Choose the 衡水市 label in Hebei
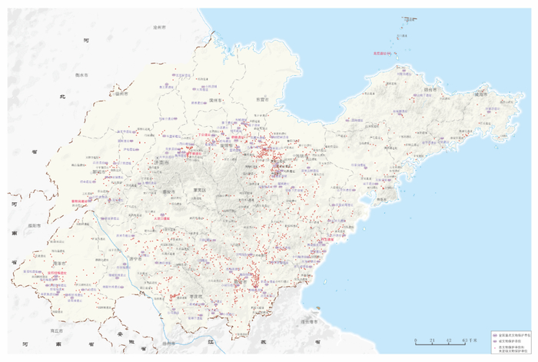(78, 75)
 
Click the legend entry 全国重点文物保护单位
(513, 336)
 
